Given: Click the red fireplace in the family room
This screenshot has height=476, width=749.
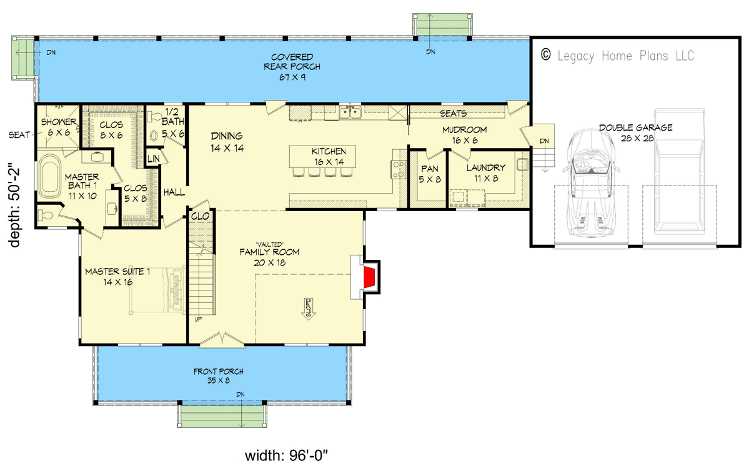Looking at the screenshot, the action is coord(369,279).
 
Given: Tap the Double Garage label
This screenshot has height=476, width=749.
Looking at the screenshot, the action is coord(636,132).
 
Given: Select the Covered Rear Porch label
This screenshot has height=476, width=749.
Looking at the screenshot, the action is coord(292,67).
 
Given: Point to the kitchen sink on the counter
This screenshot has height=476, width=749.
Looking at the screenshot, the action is coord(350,112).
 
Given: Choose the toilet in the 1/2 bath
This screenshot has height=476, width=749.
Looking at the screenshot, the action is coord(154,127).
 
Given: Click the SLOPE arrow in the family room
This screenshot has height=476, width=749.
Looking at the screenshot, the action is coord(307,309).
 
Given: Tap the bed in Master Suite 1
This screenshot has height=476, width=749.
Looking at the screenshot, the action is coord(157,290).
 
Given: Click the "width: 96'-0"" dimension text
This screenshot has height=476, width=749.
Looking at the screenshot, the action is coord(287,455).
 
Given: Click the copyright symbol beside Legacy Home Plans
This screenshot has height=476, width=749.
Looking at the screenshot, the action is coord(545,54).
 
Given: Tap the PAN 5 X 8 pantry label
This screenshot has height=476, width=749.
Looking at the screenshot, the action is coord(430,174).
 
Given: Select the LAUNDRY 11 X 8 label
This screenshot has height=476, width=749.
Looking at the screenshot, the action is coord(486,173).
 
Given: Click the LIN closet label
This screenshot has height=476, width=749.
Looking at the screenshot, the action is coord(153,159).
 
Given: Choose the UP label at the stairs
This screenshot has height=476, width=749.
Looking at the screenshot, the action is coord(198,319).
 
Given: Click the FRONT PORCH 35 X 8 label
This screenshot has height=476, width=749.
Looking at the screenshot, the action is coord(218,375).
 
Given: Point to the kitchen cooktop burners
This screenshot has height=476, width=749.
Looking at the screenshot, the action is coord(399,169).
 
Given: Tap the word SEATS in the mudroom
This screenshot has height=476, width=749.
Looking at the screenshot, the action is coord(454,113).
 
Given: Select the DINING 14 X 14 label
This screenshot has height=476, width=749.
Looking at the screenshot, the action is coord(227,142).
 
